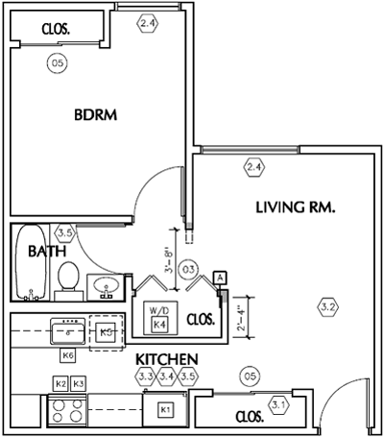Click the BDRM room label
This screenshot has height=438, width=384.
(95, 114)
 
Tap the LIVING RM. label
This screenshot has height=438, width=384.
(294, 207)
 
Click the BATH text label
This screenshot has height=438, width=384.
(45, 252)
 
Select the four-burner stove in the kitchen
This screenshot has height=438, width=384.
(66, 410)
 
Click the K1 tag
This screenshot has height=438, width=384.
(164, 410)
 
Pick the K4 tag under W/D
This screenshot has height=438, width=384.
(159, 325)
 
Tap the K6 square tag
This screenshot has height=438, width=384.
(67, 355)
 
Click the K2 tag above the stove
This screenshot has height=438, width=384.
(60, 383)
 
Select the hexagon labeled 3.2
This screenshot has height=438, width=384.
(327, 307)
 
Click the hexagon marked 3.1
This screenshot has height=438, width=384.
(278, 404)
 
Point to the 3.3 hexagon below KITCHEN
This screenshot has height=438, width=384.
(145, 376)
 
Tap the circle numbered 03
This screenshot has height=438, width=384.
(189, 269)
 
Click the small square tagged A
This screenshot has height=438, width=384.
(221, 277)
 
